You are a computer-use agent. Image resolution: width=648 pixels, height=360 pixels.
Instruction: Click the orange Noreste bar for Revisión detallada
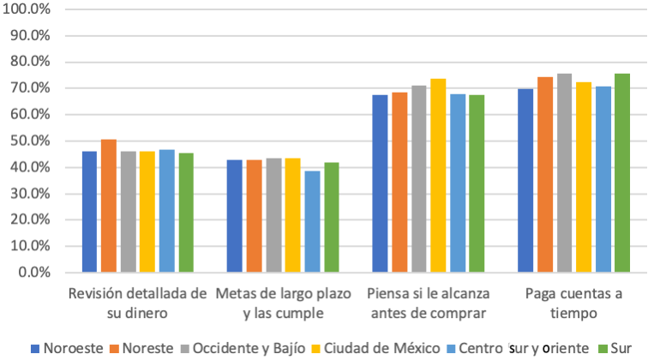pyautogui.click(x=109, y=206)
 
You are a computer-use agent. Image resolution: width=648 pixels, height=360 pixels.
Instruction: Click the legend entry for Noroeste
pyautogui.click(x=68, y=348)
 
